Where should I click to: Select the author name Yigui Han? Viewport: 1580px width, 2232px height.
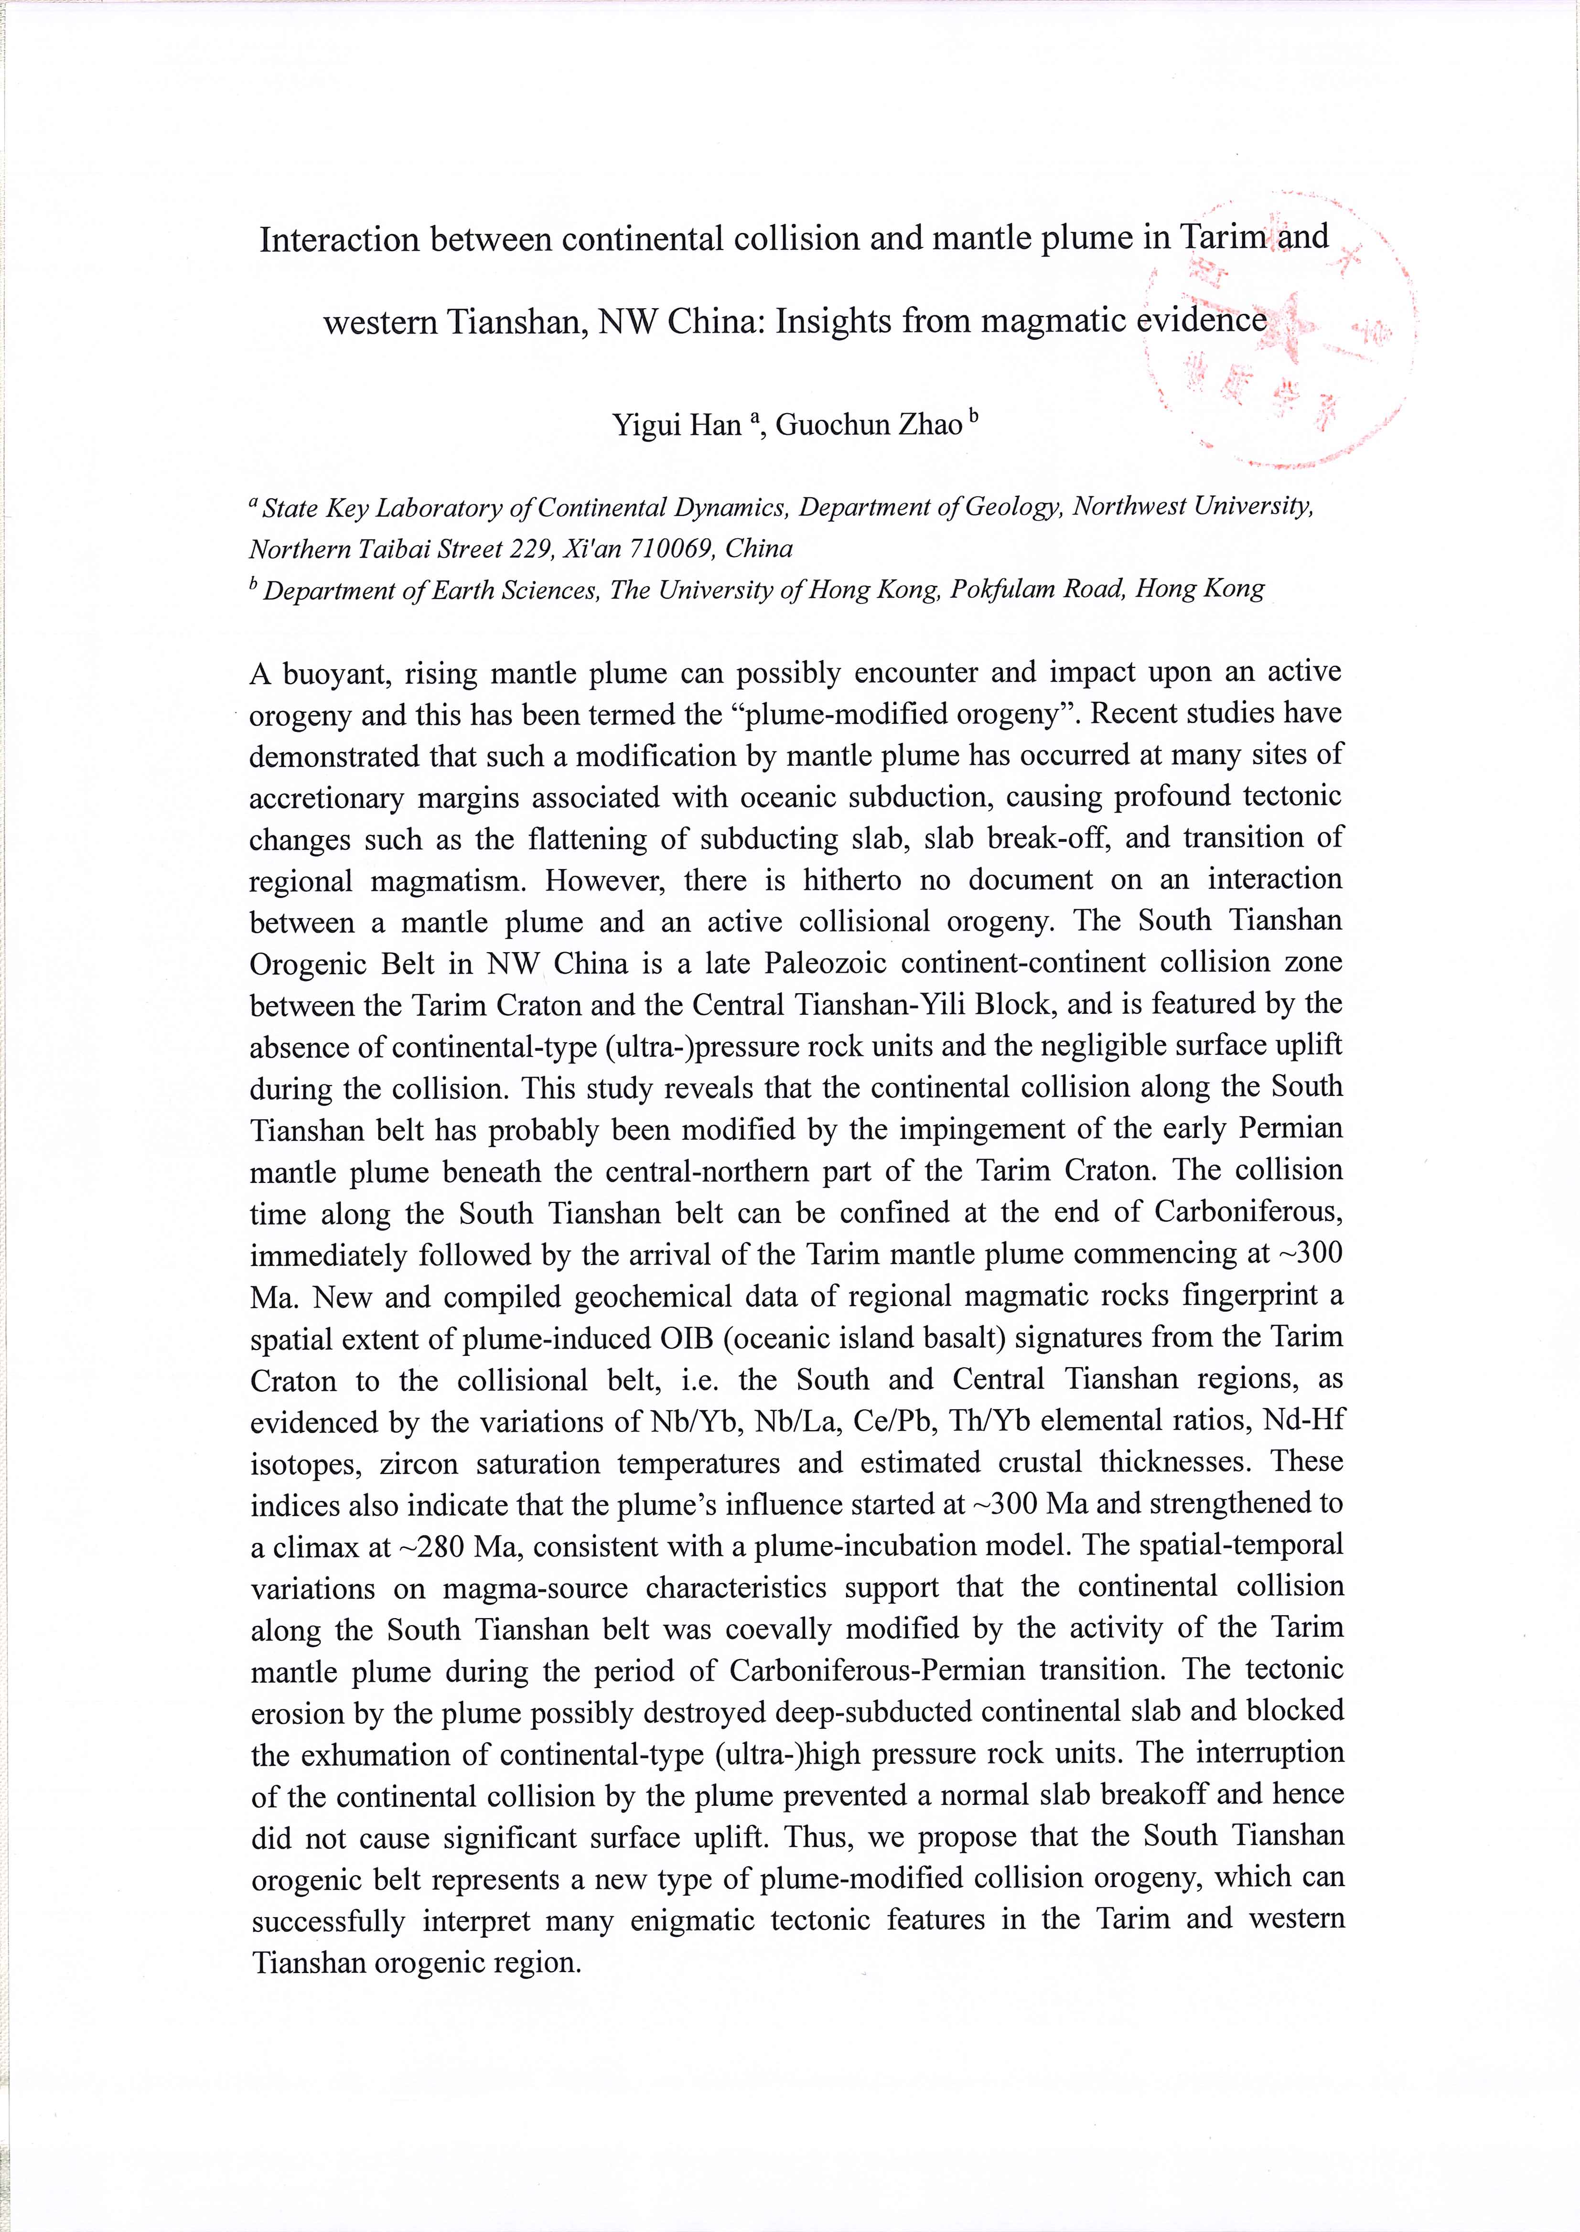point(677,425)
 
